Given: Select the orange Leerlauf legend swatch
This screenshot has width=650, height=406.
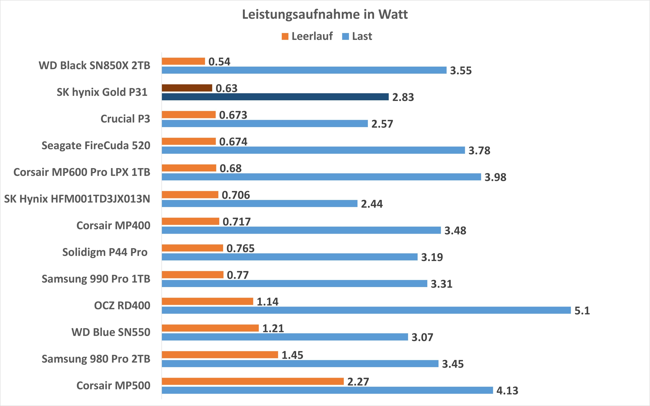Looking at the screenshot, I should (x=285, y=36).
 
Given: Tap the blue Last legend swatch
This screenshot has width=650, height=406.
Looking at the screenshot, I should (x=345, y=36).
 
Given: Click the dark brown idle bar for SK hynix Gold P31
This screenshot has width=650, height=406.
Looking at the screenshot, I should (x=187, y=88).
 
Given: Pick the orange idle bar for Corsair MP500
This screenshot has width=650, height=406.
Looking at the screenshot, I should (x=253, y=381).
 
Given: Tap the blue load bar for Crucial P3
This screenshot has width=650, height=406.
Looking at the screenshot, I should (x=265, y=124).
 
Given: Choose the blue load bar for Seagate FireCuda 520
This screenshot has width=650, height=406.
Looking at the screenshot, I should (x=313, y=150).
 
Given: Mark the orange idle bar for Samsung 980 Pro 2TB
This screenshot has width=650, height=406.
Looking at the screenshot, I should (x=220, y=355).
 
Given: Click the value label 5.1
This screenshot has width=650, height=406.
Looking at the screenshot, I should (x=582, y=311).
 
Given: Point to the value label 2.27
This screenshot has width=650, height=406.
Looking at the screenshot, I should (x=358, y=382).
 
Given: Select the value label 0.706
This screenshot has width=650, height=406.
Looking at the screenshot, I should (x=236, y=195).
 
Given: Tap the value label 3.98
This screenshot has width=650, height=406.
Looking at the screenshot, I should (x=495, y=177).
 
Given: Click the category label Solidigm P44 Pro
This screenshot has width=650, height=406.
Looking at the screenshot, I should (x=105, y=252).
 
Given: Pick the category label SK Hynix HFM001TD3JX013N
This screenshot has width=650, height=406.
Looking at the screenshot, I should (x=77, y=199).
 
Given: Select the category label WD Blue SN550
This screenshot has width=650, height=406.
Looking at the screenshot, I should (x=111, y=332).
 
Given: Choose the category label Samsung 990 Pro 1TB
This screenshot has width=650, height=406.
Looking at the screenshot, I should (x=96, y=279).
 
